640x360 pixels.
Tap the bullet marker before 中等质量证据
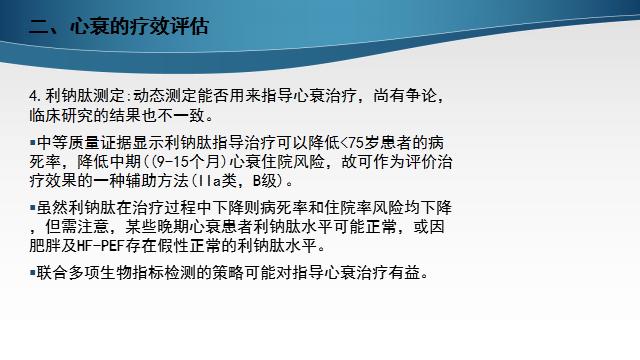(32, 141)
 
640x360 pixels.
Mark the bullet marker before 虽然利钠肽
(32, 207)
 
